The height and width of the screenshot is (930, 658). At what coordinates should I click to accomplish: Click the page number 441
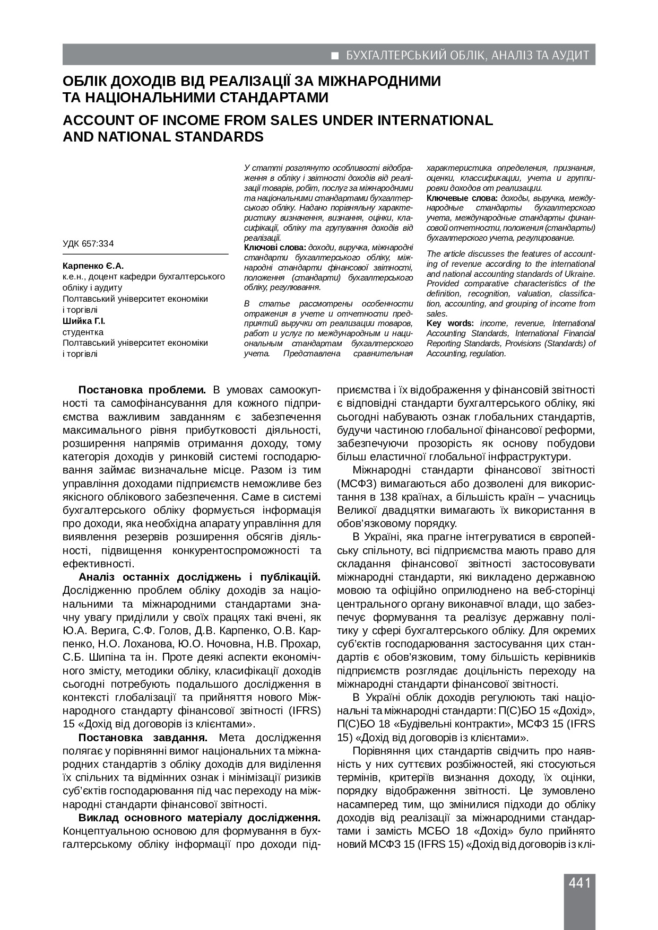[579, 883]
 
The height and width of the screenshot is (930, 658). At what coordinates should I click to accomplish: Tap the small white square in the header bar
[335, 55]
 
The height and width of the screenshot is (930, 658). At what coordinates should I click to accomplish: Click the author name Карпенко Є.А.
[93, 266]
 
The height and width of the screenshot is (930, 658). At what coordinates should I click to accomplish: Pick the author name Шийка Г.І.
[84, 321]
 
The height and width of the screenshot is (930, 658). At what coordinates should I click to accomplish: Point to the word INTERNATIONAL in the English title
[435, 120]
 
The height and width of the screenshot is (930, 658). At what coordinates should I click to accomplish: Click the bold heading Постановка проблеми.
[142, 390]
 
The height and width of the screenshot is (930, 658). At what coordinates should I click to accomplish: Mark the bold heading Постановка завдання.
[143, 738]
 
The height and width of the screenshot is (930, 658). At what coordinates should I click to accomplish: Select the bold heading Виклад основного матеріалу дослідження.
[200, 817]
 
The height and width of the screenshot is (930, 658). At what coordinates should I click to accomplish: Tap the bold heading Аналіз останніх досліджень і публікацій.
[200, 577]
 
